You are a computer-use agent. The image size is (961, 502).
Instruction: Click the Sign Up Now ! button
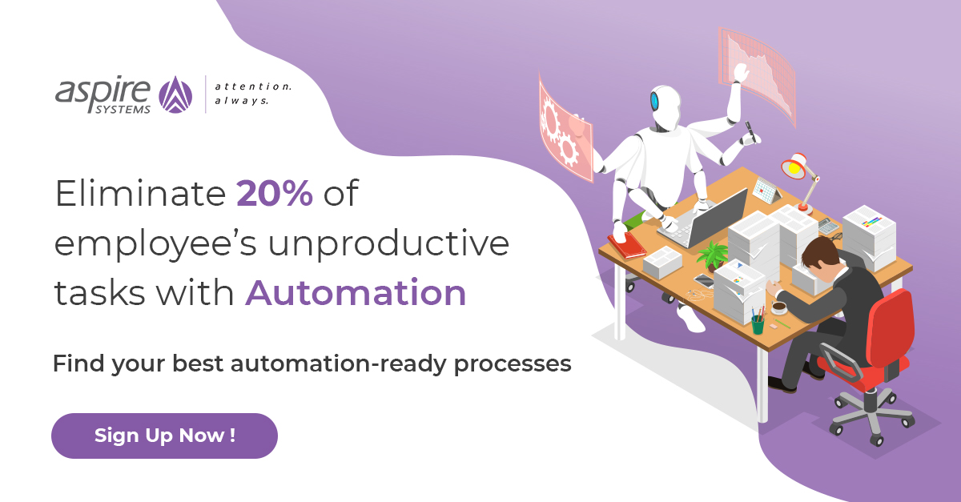coord(164,436)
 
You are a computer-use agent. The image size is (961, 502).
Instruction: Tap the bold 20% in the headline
coord(274,194)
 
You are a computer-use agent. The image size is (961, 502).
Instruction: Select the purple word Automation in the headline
coord(356,293)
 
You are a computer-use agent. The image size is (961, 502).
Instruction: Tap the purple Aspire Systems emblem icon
coord(177,94)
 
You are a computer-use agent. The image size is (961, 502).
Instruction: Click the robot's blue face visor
coord(654,102)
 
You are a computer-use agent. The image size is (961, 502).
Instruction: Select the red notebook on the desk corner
coord(626,244)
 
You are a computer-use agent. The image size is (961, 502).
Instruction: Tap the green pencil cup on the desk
coord(757,323)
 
